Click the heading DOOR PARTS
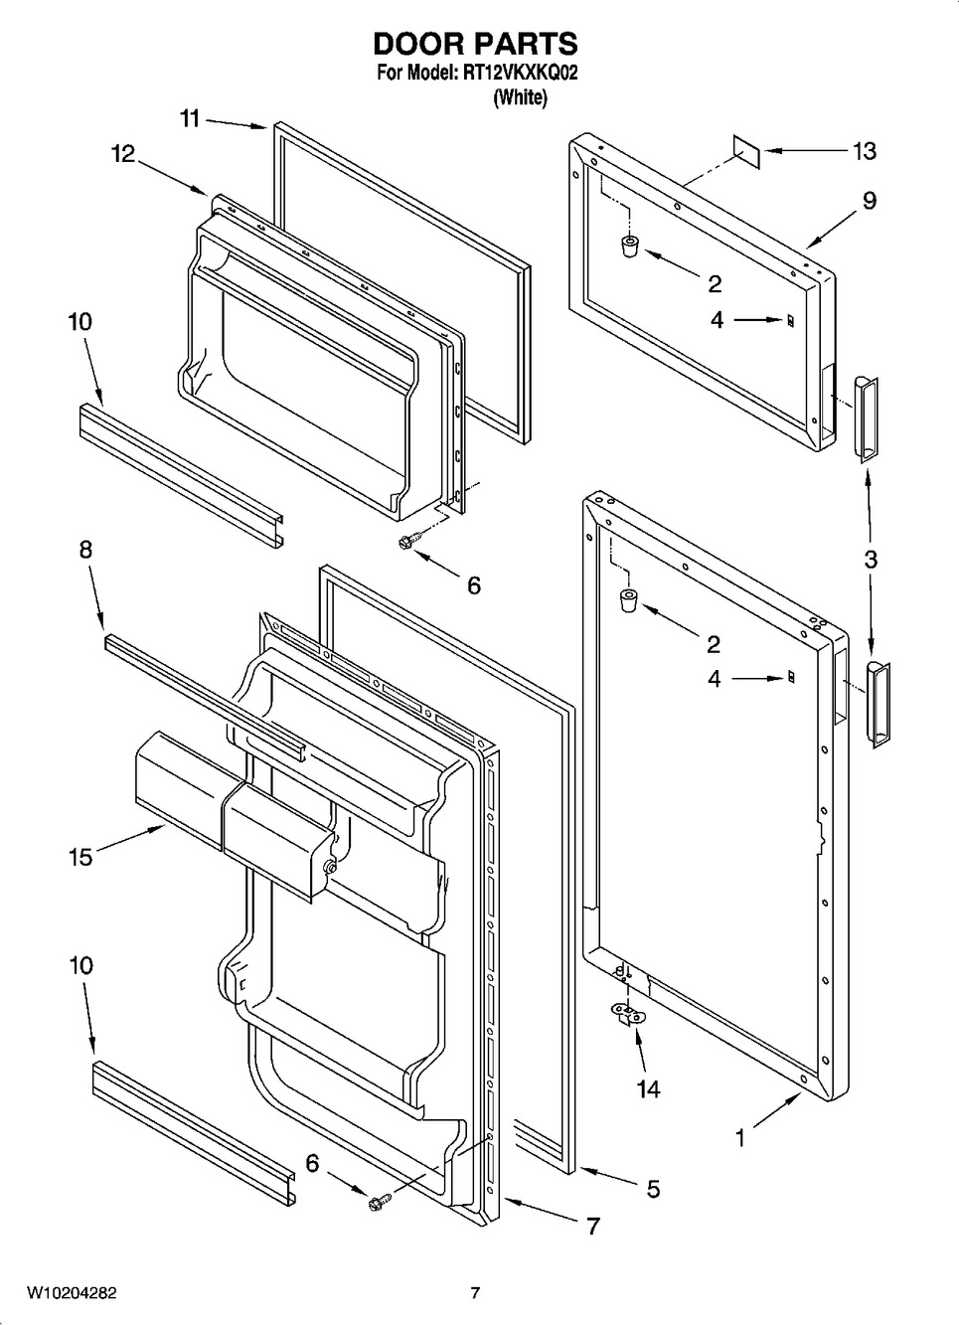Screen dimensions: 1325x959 point(475,44)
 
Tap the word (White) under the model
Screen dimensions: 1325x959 point(520,97)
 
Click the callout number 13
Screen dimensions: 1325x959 point(864,151)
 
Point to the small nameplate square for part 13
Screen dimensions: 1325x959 point(747,148)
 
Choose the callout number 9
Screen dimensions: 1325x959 point(870,201)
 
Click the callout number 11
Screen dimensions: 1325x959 point(190,119)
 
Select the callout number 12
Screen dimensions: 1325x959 point(122,153)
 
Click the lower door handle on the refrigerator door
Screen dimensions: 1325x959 point(878,704)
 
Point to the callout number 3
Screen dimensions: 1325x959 point(871,560)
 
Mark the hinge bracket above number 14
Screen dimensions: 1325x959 point(628,1014)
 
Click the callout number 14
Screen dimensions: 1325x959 point(648,1089)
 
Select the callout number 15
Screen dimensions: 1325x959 point(80,857)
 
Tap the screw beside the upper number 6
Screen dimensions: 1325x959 point(407,541)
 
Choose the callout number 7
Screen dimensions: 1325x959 point(592,1227)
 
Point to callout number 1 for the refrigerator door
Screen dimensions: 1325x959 point(739,1138)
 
